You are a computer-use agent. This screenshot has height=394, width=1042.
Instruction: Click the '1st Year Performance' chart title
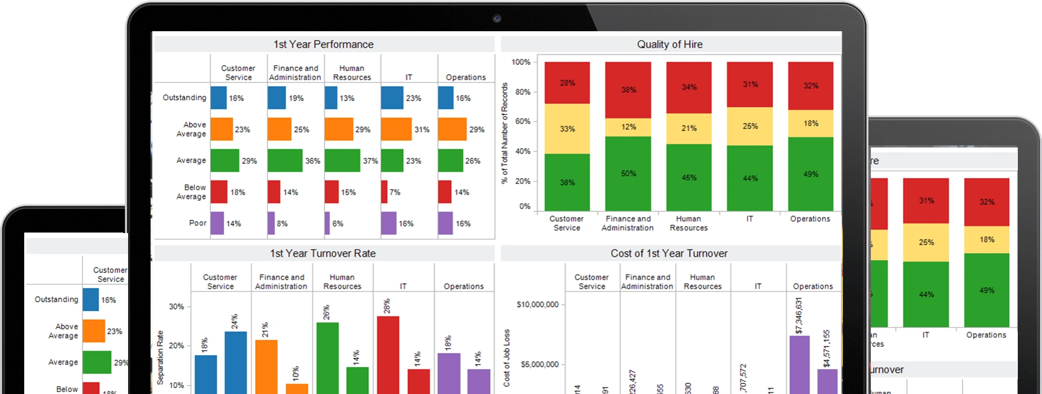[323, 45]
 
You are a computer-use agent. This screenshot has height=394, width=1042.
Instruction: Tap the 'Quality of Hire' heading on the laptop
[670, 45]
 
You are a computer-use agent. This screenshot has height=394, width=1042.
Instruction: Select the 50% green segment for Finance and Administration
[628, 173]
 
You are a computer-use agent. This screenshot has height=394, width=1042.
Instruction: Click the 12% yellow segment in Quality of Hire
[628, 127]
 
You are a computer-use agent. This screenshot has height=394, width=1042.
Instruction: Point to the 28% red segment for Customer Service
[567, 83]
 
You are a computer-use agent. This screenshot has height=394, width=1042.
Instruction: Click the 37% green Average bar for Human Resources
[342, 161]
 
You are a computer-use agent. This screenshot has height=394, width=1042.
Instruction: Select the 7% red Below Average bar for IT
[384, 192]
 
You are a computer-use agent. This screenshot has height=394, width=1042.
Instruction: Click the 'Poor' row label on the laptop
[198, 223]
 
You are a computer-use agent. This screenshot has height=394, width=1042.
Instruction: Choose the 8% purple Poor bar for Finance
[271, 223]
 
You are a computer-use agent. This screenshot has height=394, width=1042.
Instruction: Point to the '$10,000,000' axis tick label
[537, 305]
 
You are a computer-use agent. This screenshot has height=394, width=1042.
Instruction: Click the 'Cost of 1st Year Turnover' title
[668, 254]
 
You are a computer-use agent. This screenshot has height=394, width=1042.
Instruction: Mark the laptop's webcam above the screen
[496, 18]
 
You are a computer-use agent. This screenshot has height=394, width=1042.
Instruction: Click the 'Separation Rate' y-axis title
[160, 357]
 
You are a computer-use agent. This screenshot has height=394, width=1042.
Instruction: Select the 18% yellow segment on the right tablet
[987, 240]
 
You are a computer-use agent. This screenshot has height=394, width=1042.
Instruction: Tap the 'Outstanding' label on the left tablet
[57, 299]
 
